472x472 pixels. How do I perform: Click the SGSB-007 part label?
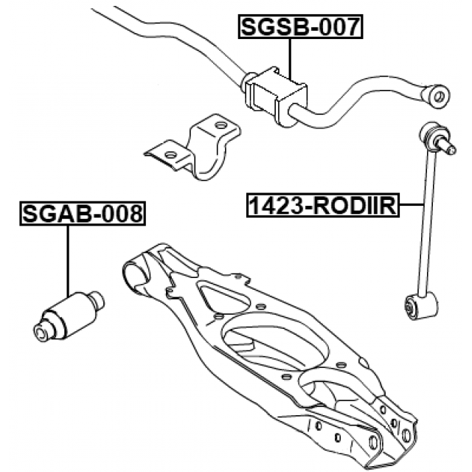pos(300,27)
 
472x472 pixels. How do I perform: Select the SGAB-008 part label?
pos(83,213)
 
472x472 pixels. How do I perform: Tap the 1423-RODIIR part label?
pos(323,205)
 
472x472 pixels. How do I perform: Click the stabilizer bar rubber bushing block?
pos(276,95)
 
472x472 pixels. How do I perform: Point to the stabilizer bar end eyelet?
pos(437,96)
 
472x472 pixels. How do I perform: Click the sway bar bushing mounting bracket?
pos(192,147)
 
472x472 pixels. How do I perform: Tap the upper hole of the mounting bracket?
pos(221,125)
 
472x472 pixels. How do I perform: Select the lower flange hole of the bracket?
pos(170,155)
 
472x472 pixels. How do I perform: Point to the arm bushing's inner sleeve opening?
pos(40,333)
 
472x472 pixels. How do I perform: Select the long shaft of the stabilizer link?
pos(428,223)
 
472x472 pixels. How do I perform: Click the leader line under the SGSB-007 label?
pos(290,59)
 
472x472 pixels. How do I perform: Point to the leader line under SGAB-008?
pos(68,261)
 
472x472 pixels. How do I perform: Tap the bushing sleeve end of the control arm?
pos(134,274)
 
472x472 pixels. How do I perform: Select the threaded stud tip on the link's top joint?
pos(452,150)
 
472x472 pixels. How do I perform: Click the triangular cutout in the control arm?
pos(223,296)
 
